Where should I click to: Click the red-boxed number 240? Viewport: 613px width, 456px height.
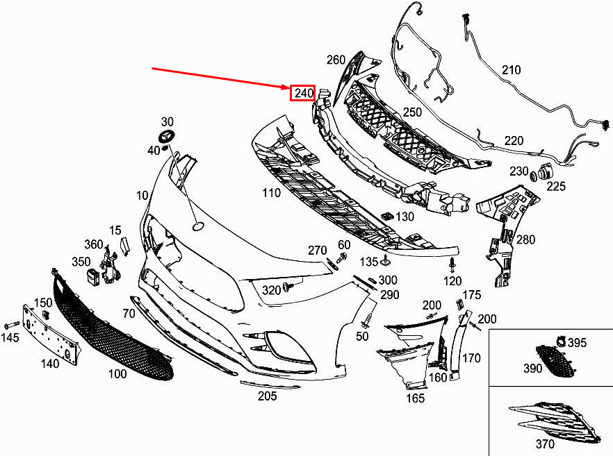click(x=303, y=93)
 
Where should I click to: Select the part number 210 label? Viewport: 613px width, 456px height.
click(x=511, y=70)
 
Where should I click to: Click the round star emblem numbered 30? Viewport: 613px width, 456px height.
click(x=167, y=137)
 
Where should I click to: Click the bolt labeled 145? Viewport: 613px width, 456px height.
click(x=13, y=325)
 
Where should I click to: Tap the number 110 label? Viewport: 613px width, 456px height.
click(x=270, y=193)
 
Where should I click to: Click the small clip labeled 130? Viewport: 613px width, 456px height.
click(x=387, y=217)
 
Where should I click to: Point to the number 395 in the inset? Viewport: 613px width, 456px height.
click(x=576, y=343)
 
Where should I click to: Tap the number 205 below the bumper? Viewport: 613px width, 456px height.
click(x=267, y=396)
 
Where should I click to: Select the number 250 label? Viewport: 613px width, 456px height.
click(x=412, y=112)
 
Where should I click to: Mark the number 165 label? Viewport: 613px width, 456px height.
click(x=415, y=399)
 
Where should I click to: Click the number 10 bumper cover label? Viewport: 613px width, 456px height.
click(x=142, y=196)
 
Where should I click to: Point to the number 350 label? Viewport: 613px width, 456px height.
click(x=81, y=262)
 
